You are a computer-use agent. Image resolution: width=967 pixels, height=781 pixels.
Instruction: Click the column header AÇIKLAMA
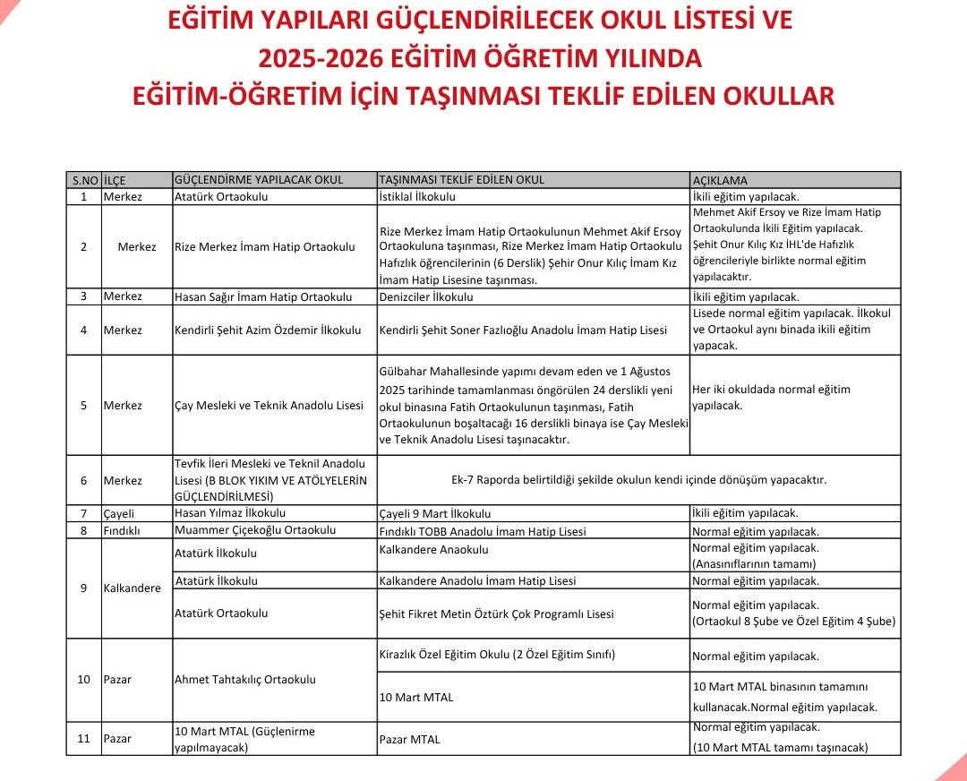pyautogui.click(x=720, y=180)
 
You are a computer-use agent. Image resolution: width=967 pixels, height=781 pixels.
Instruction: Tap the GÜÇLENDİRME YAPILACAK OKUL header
pyautogui.click(x=259, y=180)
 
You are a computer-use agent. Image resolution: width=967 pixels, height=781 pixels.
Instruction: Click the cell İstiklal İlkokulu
pyautogui.click(x=418, y=197)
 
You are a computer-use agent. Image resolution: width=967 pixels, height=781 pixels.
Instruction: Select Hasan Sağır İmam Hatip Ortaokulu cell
pyautogui.click(x=263, y=297)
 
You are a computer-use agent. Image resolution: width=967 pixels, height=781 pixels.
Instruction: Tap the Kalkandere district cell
pyautogui.click(x=133, y=588)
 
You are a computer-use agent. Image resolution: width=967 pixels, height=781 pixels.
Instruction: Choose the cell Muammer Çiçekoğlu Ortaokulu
pyautogui.click(x=255, y=530)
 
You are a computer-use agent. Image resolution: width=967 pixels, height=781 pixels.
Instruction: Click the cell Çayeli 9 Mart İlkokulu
pyautogui.click(x=435, y=514)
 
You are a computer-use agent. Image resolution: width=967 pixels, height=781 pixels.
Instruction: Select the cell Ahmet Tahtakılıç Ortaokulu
pyautogui.click(x=245, y=680)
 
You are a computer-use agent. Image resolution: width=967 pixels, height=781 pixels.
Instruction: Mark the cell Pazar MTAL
pyautogui.click(x=410, y=740)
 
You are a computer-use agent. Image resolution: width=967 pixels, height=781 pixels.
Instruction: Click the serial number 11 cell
pyautogui.click(x=83, y=739)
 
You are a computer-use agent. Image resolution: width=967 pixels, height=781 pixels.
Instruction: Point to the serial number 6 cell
pyautogui.click(x=83, y=481)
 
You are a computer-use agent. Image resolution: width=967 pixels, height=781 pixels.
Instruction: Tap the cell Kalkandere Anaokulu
pyautogui.click(x=434, y=549)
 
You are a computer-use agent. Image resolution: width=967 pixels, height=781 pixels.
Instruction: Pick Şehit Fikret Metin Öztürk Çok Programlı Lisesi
pyautogui.click(x=497, y=614)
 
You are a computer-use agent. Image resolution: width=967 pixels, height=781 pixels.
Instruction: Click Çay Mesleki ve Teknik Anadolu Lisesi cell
pyautogui.click(x=269, y=406)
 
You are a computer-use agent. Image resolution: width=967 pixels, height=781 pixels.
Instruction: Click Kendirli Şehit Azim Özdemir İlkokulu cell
pyautogui.click(x=268, y=330)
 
